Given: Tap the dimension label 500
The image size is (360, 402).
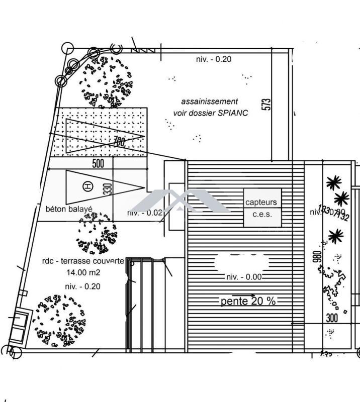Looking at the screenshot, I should click(98, 164).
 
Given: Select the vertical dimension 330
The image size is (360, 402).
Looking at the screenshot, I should click(107, 188).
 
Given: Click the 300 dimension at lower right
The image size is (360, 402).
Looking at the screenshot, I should click(332, 318).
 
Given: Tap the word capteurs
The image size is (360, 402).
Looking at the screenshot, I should click(261, 203).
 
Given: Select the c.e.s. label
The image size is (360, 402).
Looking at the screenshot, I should click(261, 214).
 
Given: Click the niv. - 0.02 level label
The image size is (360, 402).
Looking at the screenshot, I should click(145, 213).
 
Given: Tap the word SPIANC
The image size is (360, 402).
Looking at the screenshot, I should click(233, 113).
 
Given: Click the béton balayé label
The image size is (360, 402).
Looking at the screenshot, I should click(69, 209).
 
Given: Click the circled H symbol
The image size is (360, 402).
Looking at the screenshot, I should click(88, 186).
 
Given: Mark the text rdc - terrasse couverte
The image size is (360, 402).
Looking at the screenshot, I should click(83, 261).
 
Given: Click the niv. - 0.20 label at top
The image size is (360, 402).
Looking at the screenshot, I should click(213, 59).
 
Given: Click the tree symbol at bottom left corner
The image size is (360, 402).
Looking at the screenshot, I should click(59, 320).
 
